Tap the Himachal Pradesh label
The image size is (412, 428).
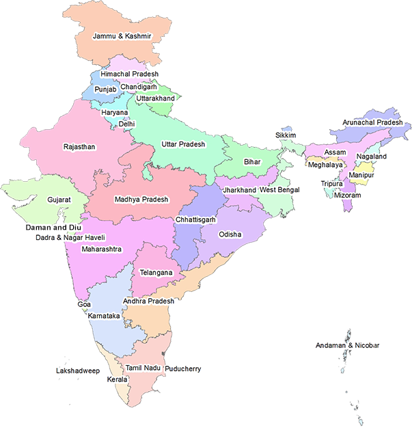129,74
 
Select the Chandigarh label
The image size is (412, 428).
139,88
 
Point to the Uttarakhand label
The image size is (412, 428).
156,98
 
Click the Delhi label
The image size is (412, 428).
126,124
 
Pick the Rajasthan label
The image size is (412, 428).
79,147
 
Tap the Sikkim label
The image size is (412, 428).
286,135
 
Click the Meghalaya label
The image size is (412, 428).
326,165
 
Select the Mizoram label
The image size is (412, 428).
347,195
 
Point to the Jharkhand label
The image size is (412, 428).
240,189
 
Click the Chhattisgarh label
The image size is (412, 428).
195,220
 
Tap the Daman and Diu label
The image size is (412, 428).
53,226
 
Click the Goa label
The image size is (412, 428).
85,303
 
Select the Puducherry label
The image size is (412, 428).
183,369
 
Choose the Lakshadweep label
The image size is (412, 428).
78,371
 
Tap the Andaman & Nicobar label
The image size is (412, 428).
347,346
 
